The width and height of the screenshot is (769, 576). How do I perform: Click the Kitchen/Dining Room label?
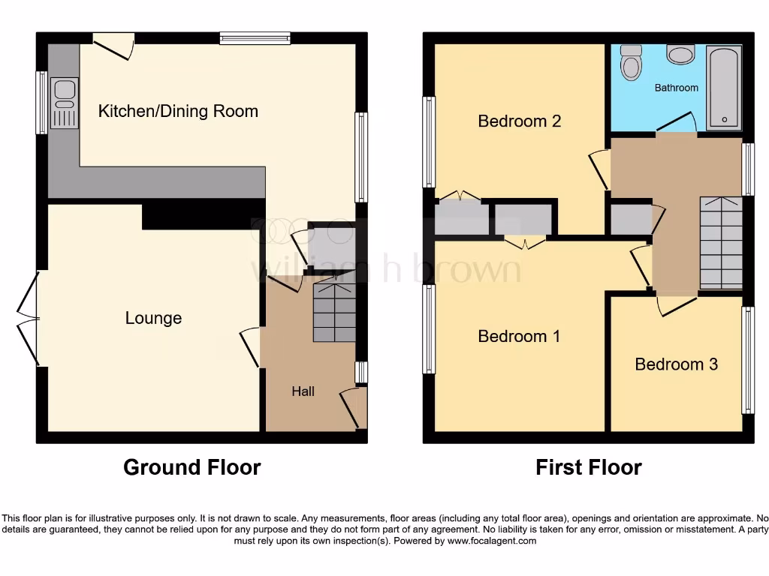point(178,112)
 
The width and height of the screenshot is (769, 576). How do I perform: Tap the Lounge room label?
point(153,318)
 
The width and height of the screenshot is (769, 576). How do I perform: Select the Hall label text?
point(303,391)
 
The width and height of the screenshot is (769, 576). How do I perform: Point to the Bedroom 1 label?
point(519,336)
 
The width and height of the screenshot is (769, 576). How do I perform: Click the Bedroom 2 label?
point(520,121)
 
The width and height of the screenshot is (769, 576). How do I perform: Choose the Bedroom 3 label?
point(676,364)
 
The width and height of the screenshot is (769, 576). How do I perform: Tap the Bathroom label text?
point(676,88)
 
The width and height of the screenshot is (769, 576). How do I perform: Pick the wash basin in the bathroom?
point(681,55)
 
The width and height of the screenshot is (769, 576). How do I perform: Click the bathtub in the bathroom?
point(724,86)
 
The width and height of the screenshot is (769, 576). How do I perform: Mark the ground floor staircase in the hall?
point(334,312)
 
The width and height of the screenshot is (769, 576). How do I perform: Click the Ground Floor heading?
point(191,467)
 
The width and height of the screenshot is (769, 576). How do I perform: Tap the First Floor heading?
point(588,467)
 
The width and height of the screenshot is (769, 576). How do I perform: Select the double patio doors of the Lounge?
point(28,318)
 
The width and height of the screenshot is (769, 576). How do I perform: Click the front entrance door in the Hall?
point(353,407)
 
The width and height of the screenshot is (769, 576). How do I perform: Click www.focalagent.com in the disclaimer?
point(491,541)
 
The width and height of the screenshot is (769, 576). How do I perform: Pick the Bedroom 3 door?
point(677,303)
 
